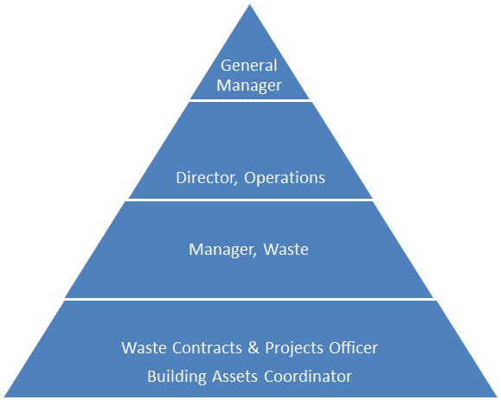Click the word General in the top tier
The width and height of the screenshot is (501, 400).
pos(249,66)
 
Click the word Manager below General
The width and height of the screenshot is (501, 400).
pos(249,86)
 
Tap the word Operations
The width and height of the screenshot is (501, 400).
pos(285,178)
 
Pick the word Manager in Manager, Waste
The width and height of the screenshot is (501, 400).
pos(222,250)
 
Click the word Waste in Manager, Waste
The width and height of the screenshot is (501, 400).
pos(286,249)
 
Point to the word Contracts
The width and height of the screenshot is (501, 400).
pos(207,347)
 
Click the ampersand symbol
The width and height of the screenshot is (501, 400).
pos(254,347)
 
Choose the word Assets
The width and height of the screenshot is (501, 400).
pos(234,377)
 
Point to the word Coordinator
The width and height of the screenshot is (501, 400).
pos(308,377)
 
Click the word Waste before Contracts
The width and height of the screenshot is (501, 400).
pos(144,347)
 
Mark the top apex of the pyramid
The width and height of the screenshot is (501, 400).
pos(249,4)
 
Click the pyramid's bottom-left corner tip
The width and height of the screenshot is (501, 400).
pos(5,397)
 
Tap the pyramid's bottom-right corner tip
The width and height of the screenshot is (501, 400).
pos(496,397)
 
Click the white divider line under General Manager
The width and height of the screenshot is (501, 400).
pos(249,100)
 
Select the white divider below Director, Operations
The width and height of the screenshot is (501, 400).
pos(250,200)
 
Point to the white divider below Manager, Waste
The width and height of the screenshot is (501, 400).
pos(250,299)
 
